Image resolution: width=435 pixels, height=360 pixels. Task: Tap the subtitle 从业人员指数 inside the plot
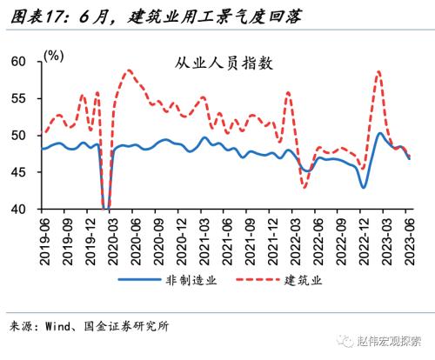[224, 63]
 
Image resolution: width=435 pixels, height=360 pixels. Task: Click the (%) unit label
[54, 55]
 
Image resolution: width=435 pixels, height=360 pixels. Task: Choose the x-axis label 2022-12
[364, 238]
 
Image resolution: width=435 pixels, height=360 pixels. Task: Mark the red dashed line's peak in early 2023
[379, 71]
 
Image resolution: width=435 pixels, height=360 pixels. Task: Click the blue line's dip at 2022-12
[364, 187]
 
